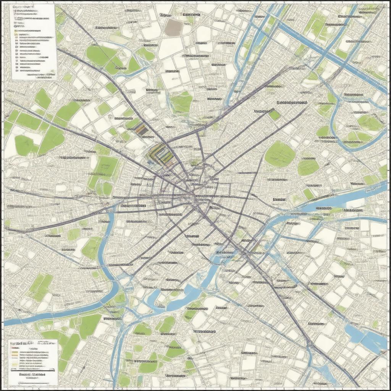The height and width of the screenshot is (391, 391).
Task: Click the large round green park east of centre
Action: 280,154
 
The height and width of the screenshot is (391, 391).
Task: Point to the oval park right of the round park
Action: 308,167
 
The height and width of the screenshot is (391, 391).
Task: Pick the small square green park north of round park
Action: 274,115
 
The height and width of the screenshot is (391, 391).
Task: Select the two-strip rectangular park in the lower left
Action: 40,286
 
